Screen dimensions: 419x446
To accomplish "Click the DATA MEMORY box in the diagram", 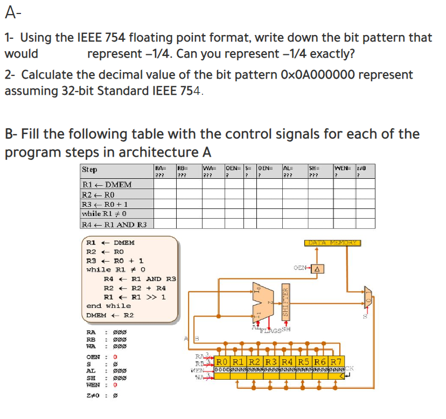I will (334, 243).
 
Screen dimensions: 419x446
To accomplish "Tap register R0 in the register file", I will (222, 361).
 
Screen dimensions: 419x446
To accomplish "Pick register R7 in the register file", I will (336, 361).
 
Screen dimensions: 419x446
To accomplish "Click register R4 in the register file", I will (288, 361).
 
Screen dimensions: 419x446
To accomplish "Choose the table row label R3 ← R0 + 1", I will (104, 204).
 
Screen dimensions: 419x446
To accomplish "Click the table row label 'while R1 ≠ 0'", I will (104, 214).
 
